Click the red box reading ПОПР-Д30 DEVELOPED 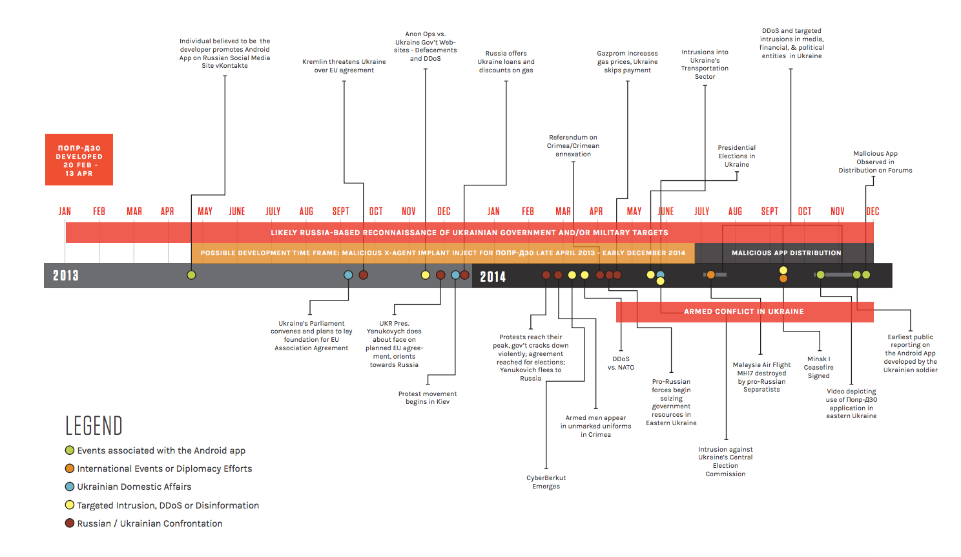pos(79,160)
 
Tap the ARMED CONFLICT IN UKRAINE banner pos(745,311)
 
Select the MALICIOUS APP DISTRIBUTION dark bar pos(786,253)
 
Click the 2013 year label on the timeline pos(66,275)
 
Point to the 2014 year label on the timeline pos(493,277)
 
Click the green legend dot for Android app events pos(70,450)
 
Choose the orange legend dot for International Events pos(70,468)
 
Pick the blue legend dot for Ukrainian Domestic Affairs pos(70,487)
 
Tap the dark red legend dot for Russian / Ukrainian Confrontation pos(70,523)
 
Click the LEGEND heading pos(94,426)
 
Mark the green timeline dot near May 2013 pos(191,275)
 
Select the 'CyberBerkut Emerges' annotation pos(546,482)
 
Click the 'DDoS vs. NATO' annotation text pos(621,363)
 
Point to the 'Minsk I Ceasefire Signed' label pos(818,367)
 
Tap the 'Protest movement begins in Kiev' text pos(428,398)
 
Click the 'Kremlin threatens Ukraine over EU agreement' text pos(344,66)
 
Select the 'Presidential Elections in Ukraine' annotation pos(737,156)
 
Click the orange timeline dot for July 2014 pos(711,275)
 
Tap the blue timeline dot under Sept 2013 pos(348,275)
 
